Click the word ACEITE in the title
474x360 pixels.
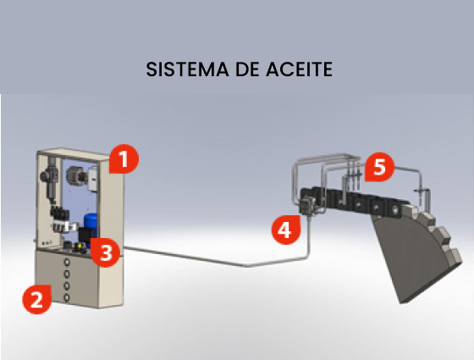pos(300,69)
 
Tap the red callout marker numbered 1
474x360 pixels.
pos(124,159)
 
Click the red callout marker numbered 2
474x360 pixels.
pos(37,299)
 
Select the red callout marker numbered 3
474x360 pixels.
pos(105,252)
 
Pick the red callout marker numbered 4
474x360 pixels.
pos(286,230)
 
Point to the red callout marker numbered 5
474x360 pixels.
pos(379,167)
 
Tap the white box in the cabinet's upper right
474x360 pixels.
pos(93,180)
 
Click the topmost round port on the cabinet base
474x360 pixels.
pos(67,263)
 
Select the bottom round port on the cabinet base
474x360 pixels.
pos(67,298)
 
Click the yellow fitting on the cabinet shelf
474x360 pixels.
pos(80,246)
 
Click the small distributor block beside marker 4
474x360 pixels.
pos(306,205)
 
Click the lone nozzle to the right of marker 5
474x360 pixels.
pos(422,194)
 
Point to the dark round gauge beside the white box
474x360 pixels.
pos(74,176)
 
